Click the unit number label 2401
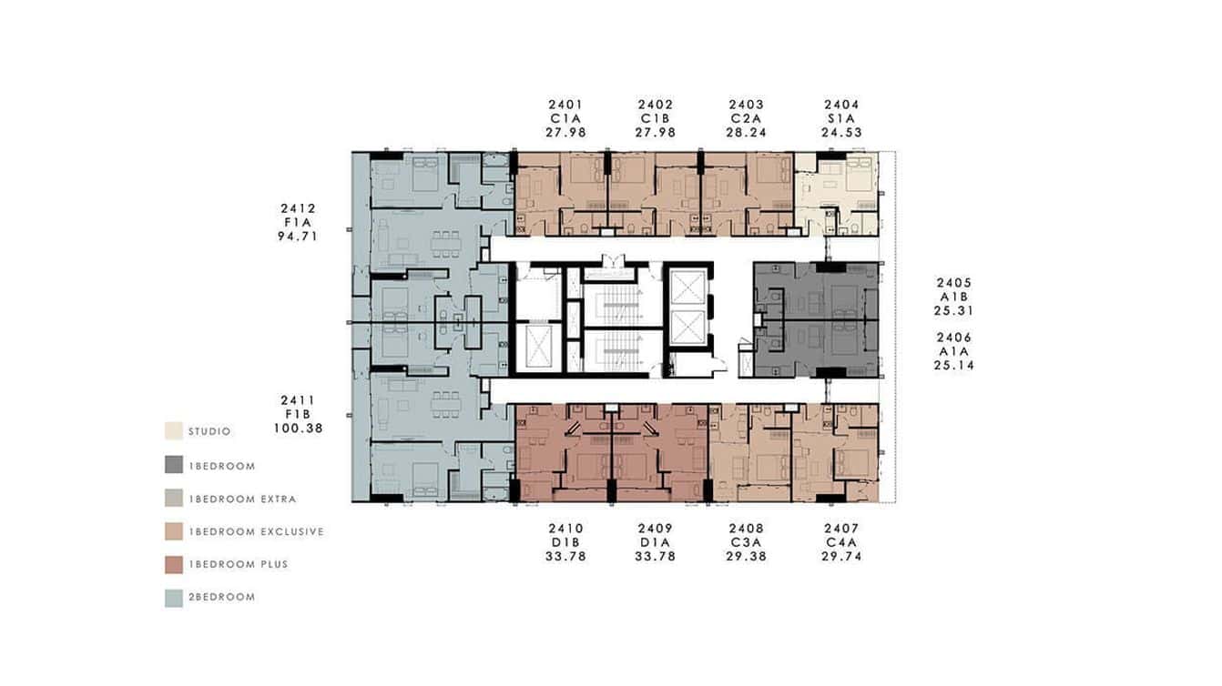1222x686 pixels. (x=565, y=105)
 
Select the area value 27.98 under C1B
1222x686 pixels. (x=656, y=133)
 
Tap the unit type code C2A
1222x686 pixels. (x=746, y=118)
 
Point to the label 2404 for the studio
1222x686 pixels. (x=840, y=105)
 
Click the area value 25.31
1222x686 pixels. (x=953, y=310)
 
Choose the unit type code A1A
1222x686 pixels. (x=953, y=351)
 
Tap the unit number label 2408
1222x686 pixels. (x=746, y=528)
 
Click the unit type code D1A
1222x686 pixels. (x=656, y=542)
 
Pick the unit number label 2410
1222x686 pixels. (x=565, y=528)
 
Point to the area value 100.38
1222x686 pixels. (x=298, y=428)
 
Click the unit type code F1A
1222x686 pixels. (x=298, y=222)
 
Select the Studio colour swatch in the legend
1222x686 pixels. (x=173, y=431)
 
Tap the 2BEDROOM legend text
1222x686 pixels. (x=221, y=598)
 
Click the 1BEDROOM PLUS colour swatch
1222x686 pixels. (x=173, y=564)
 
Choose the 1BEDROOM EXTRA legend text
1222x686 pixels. (x=241, y=499)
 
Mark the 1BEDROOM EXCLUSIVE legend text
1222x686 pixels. (x=255, y=531)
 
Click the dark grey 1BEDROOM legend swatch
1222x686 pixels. (x=173, y=465)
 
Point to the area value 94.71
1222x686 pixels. (x=298, y=237)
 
